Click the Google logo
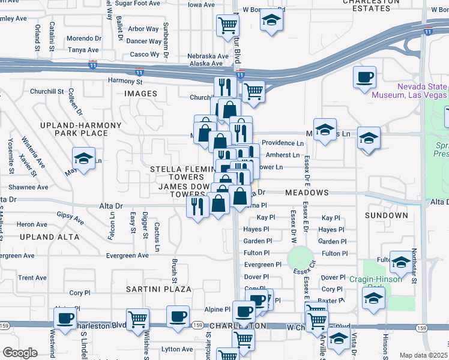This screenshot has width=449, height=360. tap(20, 352)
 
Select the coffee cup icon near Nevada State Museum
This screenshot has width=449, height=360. tap(364, 77)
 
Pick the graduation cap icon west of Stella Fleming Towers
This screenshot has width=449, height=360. tap(83, 159)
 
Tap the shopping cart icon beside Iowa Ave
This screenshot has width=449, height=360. tap(228, 26)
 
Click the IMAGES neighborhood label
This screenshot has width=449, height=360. tap(140, 94)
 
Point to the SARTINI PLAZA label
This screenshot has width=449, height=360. tap(158, 289)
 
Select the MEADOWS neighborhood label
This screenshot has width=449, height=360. tap(307, 193)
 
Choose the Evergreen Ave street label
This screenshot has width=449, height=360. tap(127, 256)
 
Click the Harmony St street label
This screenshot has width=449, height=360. tap(125, 81)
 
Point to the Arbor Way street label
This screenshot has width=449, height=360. tap(143, 29)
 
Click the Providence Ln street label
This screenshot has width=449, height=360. tap(282, 143)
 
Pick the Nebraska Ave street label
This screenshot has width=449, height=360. tap(208, 56)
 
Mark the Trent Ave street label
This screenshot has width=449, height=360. tap(32, 278)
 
